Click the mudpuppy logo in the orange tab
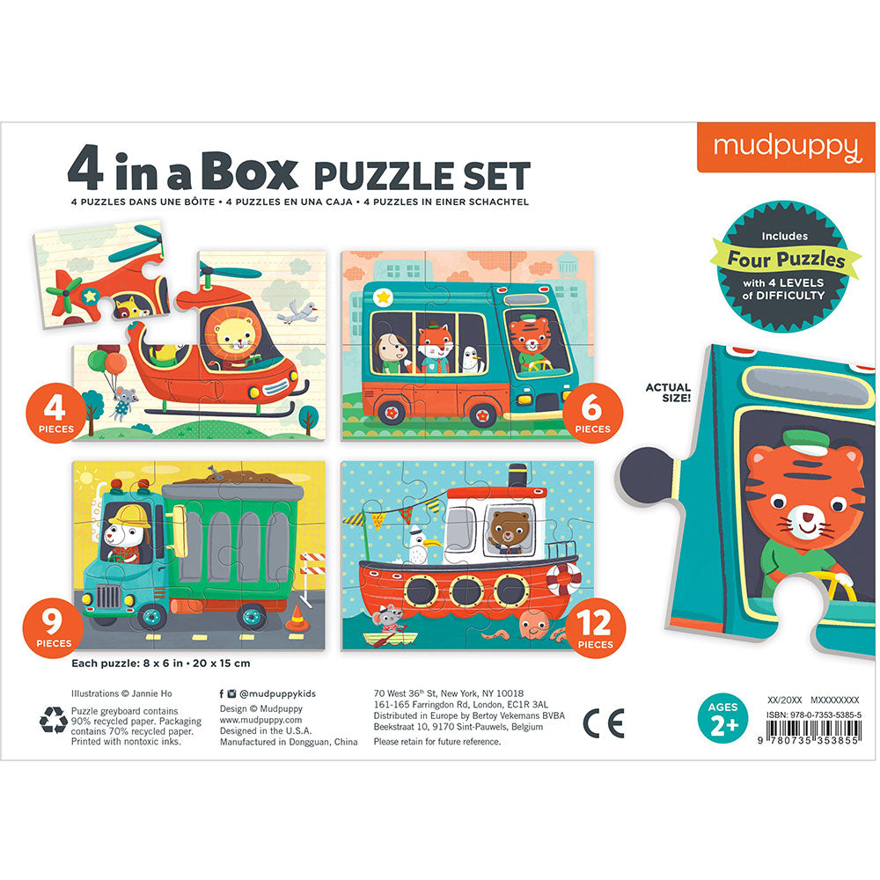(787, 148)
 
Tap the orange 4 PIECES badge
(55, 413)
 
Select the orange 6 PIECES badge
(592, 413)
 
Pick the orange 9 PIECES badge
(54, 627)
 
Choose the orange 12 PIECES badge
(595, 628)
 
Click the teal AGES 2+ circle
(722, 719)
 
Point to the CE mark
(604, 723)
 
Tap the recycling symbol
(54, 720)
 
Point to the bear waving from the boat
(509, 529)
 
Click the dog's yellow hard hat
(130, 517)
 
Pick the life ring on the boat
(564, 579)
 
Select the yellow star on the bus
(384, 296)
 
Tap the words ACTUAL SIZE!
(668, 392)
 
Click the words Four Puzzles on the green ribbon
(786, 259)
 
